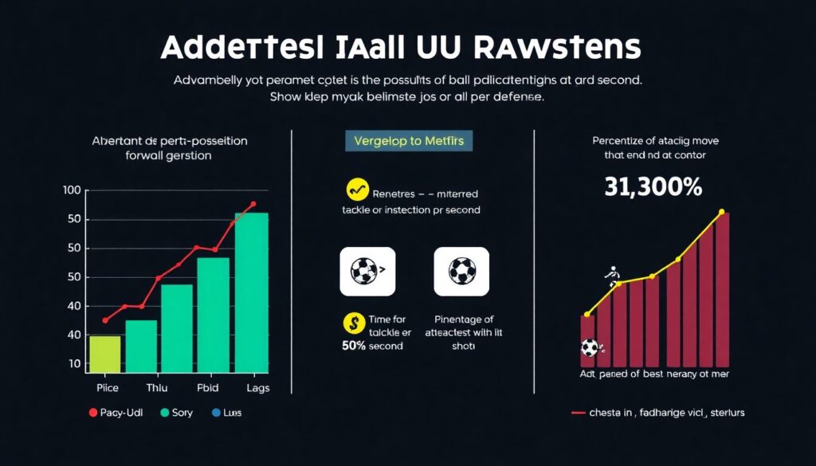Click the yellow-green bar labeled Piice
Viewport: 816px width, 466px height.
(104, 354)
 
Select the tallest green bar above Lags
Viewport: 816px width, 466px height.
(251, 292)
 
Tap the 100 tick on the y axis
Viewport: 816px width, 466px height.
(71, 190)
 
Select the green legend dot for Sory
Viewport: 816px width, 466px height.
(165, 413)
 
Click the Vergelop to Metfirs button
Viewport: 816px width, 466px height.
(409, 141)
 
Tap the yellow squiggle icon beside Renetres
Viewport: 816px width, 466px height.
(357, 191)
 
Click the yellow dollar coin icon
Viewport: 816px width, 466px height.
(352, 323)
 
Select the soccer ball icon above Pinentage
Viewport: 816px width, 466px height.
(461, 271)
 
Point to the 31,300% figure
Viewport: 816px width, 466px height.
(653, 187)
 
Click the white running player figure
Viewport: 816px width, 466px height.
(613, 276)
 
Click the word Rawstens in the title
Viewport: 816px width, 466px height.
(556, 47)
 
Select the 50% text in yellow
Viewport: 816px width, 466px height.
(354, 347)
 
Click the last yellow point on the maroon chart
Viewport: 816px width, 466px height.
(721, 213)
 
